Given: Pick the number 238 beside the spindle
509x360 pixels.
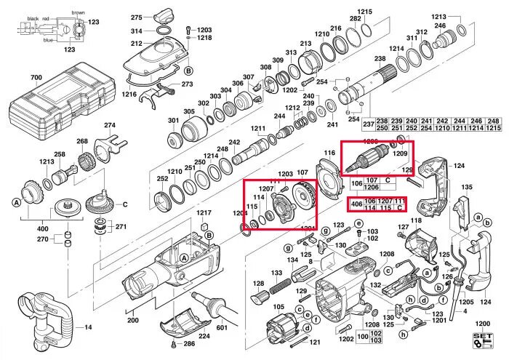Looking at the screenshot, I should (x=380, y=58).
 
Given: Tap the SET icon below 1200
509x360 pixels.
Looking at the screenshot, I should (x=482, y=340).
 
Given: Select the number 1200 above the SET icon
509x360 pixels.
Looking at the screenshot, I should (x=481, y=323).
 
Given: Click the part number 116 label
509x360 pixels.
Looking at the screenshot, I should (x=329, y=153).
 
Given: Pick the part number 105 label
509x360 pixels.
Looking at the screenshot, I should (x=279, y=306).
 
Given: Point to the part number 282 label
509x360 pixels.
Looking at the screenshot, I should (x=356, y=18).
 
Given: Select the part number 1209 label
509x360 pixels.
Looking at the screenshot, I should (x=400, y=153).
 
